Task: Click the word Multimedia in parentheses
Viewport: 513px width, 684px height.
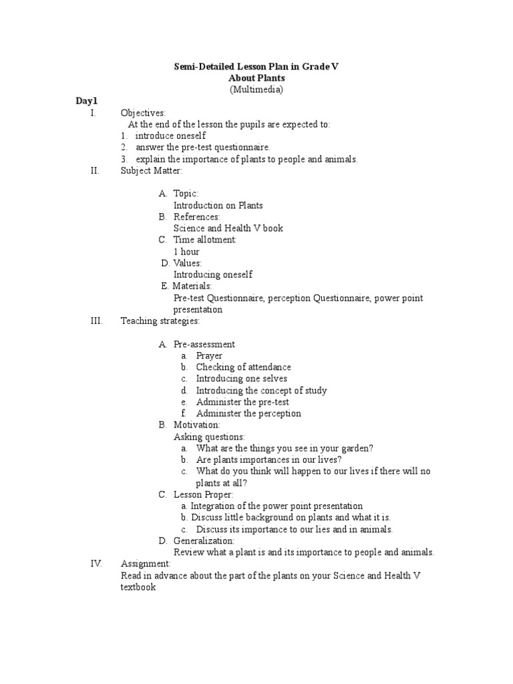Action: tap(256, 90)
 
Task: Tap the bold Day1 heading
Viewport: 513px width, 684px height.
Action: tap(86, 101)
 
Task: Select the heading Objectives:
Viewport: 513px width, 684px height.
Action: tap(143, 113)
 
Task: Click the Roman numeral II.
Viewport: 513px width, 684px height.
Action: tap(94, 170)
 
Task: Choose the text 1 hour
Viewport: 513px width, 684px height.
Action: tap(186, 252)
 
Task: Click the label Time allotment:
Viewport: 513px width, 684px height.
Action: tap(205, 240)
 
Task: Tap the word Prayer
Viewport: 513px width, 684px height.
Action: tap(209, 356)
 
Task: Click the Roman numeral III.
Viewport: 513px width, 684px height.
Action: tap(96, 321)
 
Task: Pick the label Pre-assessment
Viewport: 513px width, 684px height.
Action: tap(204, 345)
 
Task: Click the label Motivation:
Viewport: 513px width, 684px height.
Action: tap(196, 425)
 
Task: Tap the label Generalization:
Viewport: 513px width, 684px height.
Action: tap(204, 540)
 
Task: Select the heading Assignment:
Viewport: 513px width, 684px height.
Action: tap(146, 564)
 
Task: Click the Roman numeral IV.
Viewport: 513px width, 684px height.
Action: tap(96, 564)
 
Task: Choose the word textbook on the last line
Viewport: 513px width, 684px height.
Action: tap(138, 587)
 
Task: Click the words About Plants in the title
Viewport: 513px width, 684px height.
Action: tap(256, 78)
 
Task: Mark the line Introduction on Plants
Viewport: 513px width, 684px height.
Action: tap(218, 205)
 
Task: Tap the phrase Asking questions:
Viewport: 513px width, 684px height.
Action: tap(209, 437)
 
